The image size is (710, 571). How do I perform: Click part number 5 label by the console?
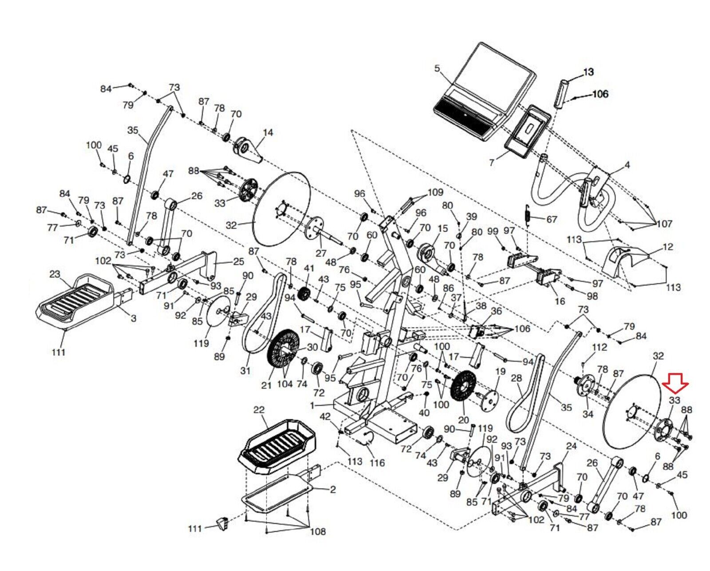(x=437, y=68)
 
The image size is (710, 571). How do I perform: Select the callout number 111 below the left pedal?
(x=59, y=353)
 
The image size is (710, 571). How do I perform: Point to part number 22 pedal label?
(x=259, y=410)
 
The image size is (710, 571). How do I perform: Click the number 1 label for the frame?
(x=312, y=405)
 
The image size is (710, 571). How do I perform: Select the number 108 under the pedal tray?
(x=318, y=531)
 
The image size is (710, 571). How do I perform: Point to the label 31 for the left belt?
(x=245, y=371)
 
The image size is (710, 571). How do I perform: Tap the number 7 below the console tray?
(x=492, y=163)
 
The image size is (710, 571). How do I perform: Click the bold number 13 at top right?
(x=588, y=71)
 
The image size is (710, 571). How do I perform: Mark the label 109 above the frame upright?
(x=435, y=192)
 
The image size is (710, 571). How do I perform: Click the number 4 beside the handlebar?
(x=627, y=165)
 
